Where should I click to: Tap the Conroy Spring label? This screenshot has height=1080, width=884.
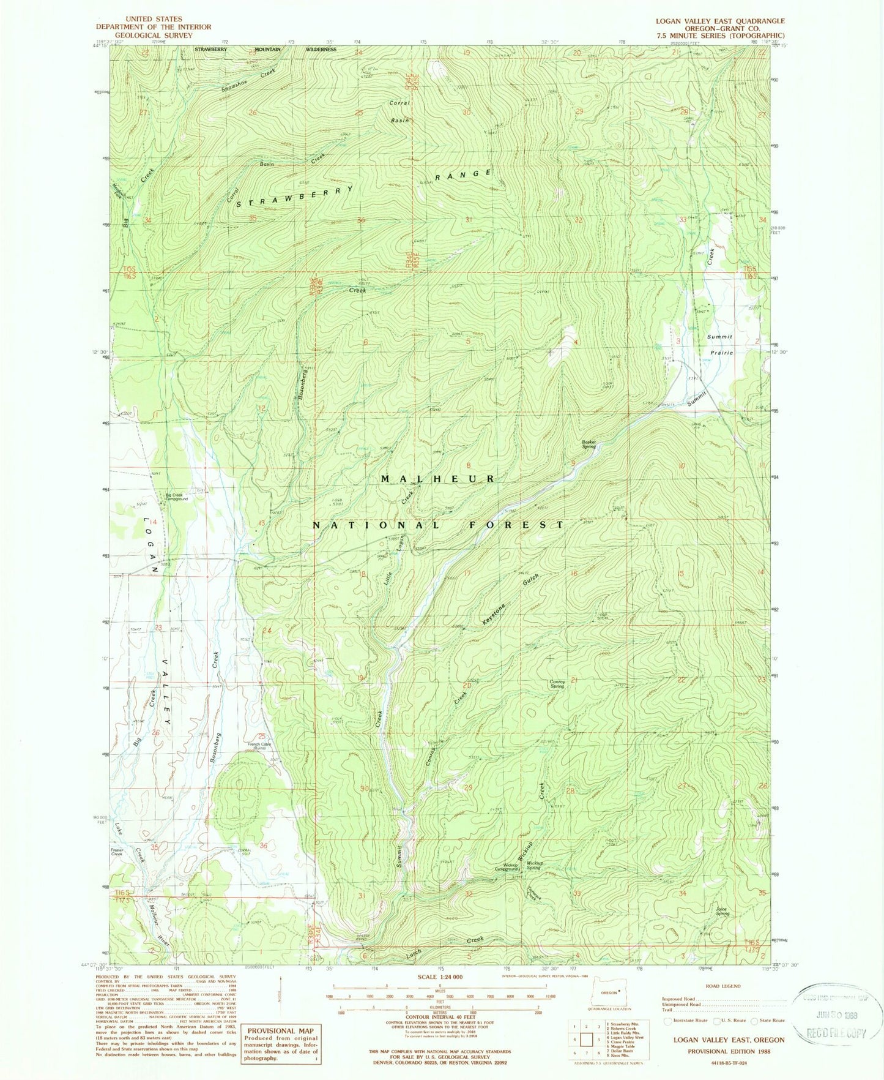tap(557, 684)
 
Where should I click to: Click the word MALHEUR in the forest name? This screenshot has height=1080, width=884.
tap(438, 479)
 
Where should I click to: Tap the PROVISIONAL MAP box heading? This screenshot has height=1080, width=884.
tap(280, 1030)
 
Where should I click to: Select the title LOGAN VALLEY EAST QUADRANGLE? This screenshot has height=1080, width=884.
tap(719, 21)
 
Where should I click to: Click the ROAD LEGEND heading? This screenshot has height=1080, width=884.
tap(722, 986)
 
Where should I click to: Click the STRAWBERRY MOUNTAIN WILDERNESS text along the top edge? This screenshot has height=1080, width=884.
tap(266, 49)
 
